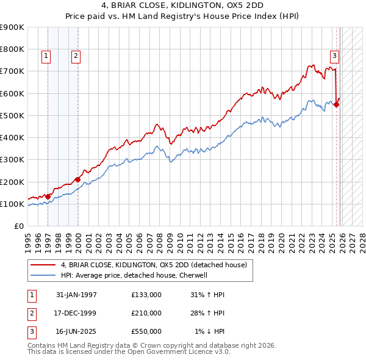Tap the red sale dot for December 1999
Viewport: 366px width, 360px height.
coord(77,179)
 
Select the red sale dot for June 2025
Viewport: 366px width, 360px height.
coord(337,104)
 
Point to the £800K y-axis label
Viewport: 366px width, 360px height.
coord(12,49)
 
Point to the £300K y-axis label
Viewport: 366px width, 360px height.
coord(12,160)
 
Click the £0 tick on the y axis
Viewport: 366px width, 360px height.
coord(18,226)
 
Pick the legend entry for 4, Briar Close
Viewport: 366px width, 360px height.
coord(153,265)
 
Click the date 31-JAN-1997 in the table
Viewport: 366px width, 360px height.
coord(76,295)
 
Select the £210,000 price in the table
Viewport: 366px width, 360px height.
coord(146,313)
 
